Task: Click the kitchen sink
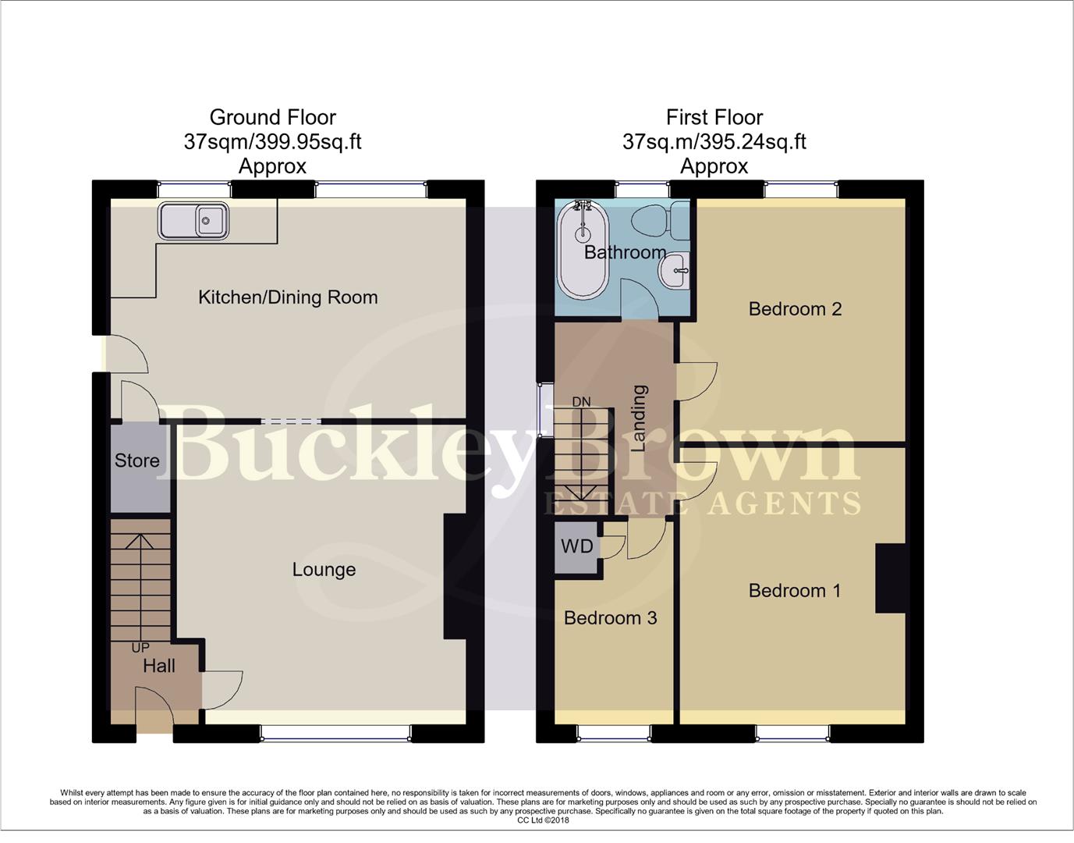pos(194,220)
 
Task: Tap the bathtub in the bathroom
pos(582,251)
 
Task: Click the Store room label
pos(137,461)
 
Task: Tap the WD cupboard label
pos(577,546)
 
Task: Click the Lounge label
pos(324,570)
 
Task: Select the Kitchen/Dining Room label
pos(288,297)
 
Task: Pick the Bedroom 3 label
pos(610,618)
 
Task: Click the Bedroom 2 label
pos(795,309)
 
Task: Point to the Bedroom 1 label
pos(794,591)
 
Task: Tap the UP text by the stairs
pos(140,648)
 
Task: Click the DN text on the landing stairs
pos(581,402)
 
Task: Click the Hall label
pos(159,666)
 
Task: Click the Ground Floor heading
pos(272,118)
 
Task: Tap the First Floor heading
pos(714,118)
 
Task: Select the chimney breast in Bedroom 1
pos(890,578)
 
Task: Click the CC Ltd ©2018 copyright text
pos(544,820)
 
